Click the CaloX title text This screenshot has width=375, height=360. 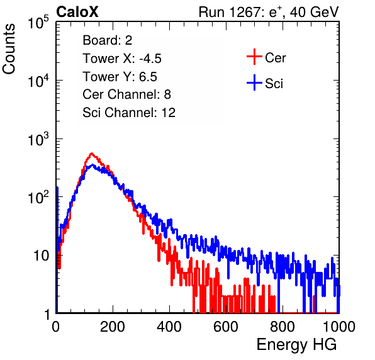click(x=77, y=12)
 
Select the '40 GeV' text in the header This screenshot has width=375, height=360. click(x=314, y=12)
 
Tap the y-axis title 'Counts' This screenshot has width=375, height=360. click(x=9, y=49)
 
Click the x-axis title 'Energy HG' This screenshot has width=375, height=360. click(x=296, y=345)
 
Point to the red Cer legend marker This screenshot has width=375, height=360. click(x=254, y=57)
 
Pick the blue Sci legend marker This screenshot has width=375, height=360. click(x=254, y=83)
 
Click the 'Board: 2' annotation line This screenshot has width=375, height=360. click(x=108, y=40)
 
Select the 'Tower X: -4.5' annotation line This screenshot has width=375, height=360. click(x=122, y=59)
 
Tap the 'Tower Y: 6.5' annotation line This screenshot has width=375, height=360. click(x=120, y=77)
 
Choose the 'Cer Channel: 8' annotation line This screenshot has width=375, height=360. click(x=126, y=94)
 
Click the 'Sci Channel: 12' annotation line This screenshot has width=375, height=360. click(x=129, y=113)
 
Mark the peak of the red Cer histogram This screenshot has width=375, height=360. click(x=91, y=154)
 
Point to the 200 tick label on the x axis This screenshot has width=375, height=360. click(x=113, y=327)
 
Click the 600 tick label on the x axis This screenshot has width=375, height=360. click(x=226, y=327)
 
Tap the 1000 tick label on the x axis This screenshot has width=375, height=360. click(x=339, y=327)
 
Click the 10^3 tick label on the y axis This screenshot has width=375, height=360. click(x=38, y=139)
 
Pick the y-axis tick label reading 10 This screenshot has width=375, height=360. click(x=41, y=256)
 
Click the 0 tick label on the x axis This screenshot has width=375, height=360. click(x=56, y=327)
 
